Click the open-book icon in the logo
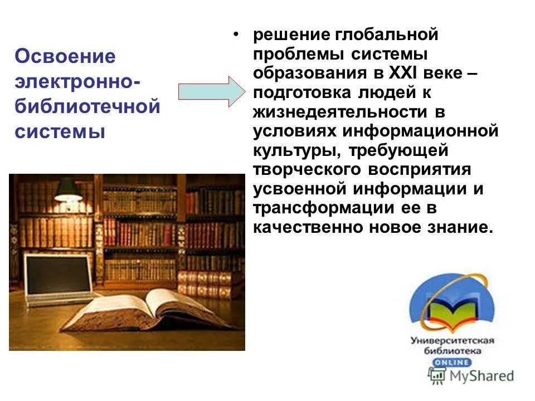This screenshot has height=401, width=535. pos(451,312)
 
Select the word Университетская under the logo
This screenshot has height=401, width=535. pos(453,340)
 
